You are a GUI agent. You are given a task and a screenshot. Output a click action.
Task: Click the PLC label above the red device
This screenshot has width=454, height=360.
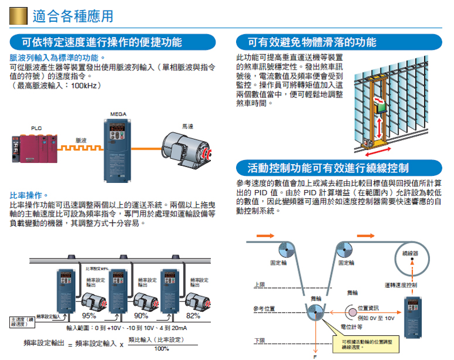(36, 128)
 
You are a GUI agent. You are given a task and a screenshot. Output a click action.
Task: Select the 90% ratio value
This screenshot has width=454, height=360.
(141, 315)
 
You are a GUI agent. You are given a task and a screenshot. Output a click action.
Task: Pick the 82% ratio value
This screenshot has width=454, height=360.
(193, 315)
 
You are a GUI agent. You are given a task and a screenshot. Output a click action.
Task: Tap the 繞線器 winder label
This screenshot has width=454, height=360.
(411, 253)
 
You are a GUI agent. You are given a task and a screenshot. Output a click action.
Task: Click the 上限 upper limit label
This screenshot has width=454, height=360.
(259, 284)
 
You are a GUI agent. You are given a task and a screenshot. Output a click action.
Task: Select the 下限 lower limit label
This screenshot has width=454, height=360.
(259, 341)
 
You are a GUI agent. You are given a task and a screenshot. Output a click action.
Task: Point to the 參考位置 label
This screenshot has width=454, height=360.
(264, 308)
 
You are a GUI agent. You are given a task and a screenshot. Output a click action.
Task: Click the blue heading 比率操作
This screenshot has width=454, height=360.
(27, 195)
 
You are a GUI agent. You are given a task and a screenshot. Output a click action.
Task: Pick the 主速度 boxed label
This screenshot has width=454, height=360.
(22, 321)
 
